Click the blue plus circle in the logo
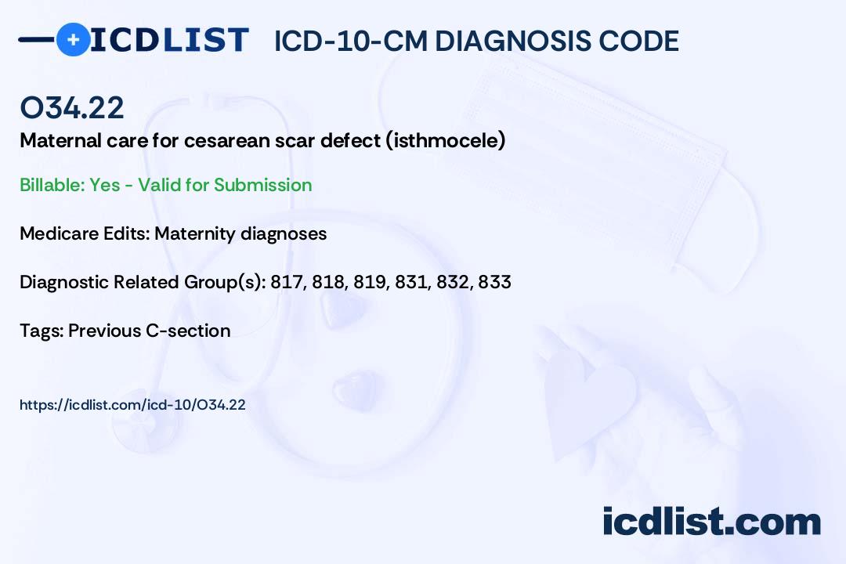click(74, 39)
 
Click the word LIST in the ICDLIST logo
click(205, 40)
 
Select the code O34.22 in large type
click(72, 107)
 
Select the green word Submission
click(262, 185)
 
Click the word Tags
click(41, 331)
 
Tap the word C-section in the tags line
click(188, 331)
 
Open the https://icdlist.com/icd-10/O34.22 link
click(132, 405)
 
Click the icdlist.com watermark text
click(711, 522)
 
